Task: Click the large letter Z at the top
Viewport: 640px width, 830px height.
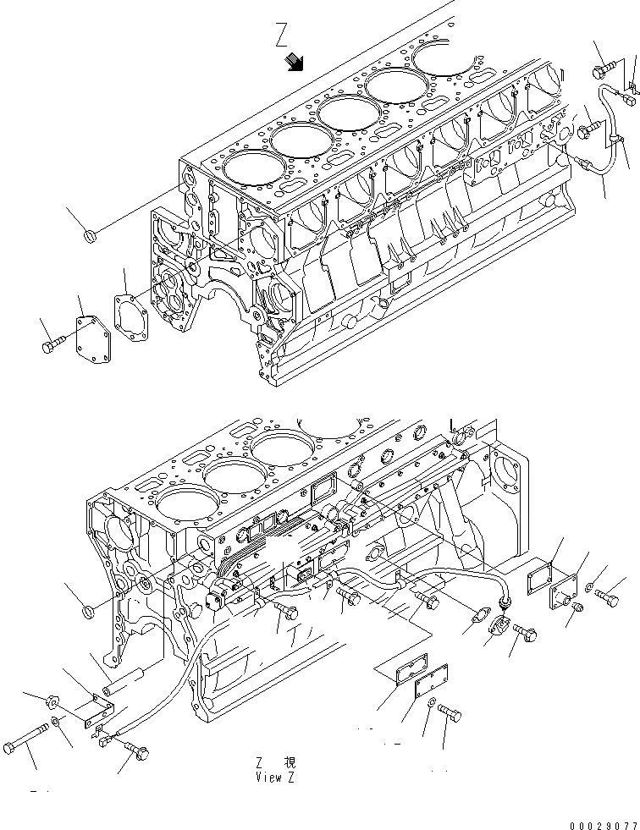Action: click(x=283, y=35)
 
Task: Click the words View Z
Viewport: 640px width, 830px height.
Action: click(x=275, y=776)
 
